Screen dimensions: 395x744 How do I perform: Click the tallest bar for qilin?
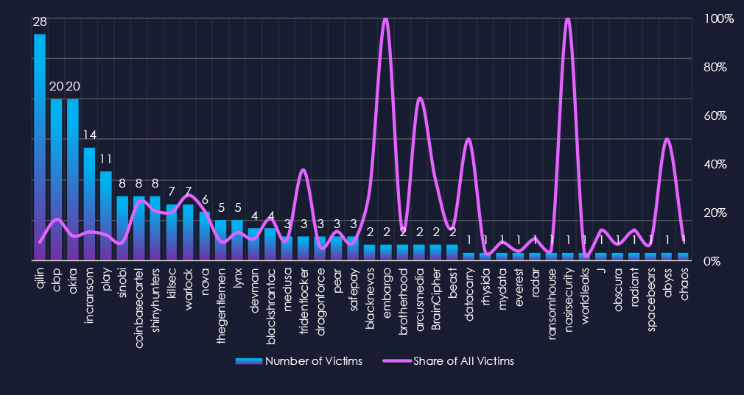pyautogui.click(x=40, y=147)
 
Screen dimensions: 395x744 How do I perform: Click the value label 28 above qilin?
pyautogui.click(x=40, y=22)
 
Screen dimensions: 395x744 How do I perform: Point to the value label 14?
pyautogui.click(x=89, y=135)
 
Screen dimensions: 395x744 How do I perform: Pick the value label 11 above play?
pyautogui.click(x=105, y=159)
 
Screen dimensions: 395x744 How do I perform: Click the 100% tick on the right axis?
pyautogui.click(x=719, y=18)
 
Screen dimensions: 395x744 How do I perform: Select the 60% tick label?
pyautogui.click(x=715, y=115)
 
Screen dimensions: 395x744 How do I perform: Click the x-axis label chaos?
pyautogui.click(x=683, y=280)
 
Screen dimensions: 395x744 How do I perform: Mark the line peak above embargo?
pyautogui.click(x=385, y=19)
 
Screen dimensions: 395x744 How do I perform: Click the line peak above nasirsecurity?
pyautogui.click(x=567, y=19)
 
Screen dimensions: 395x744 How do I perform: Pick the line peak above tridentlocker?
pyautogui.click(x=303, y=171)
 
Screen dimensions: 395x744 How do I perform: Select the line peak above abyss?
pyautogui.click(x=667, y=139)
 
